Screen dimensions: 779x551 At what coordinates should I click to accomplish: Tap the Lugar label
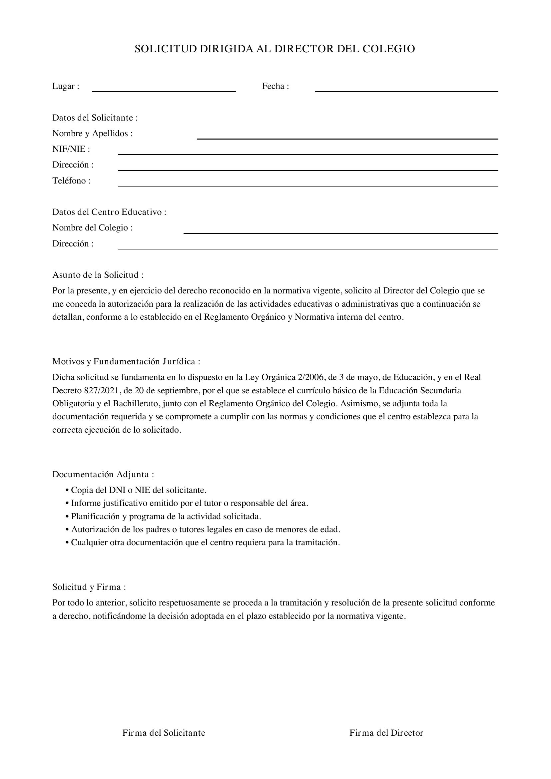click(x=66, y=86)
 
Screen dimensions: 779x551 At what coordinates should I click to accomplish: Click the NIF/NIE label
click(x=71, y=149)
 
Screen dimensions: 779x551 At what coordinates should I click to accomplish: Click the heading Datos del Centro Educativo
click(x=109, y=212)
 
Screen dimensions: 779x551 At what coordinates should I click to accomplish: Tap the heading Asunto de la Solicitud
click(x=98, y=275)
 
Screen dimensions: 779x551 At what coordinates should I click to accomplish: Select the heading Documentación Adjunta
click(x=103, y=474)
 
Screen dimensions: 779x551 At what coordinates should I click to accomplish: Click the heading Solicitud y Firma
click(x=89, y=587)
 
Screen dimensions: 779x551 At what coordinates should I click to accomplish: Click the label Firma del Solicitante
click(x=164, y=733)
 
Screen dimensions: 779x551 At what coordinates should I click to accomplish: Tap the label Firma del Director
click(x=386, y=733)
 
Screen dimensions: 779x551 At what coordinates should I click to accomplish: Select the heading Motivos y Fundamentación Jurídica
click(x=126, y=362)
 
